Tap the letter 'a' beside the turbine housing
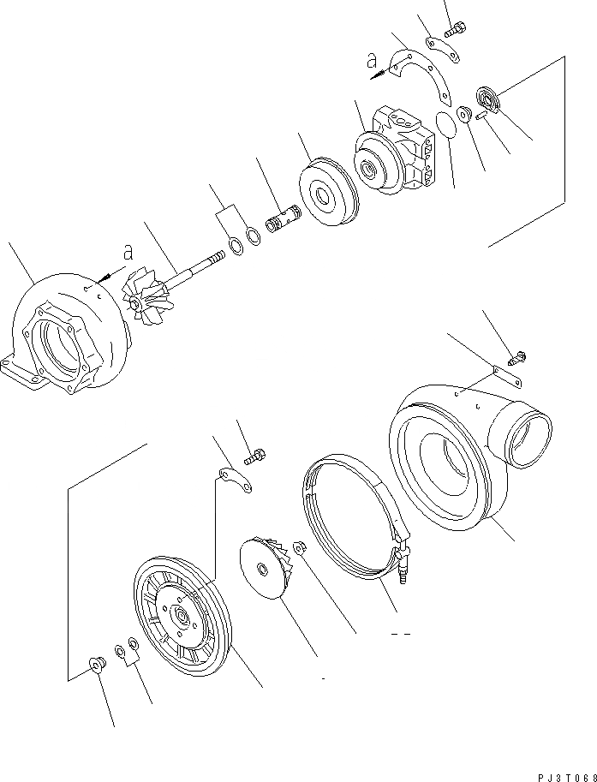click(128, 253)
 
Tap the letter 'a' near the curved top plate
click(370, 60)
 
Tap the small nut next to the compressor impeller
click(301, 548)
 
